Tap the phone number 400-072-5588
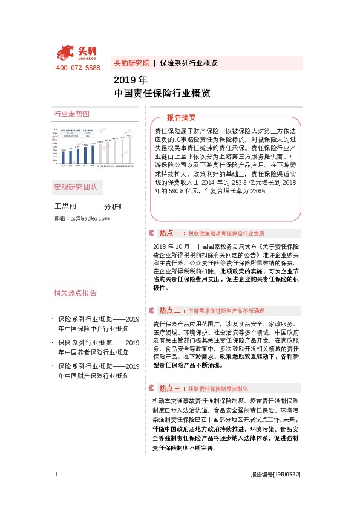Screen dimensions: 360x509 77,68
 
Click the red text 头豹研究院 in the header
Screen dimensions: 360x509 131,63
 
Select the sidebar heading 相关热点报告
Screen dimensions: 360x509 75,293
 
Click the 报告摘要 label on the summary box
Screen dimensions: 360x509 182,118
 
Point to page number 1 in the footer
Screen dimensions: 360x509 56,475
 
